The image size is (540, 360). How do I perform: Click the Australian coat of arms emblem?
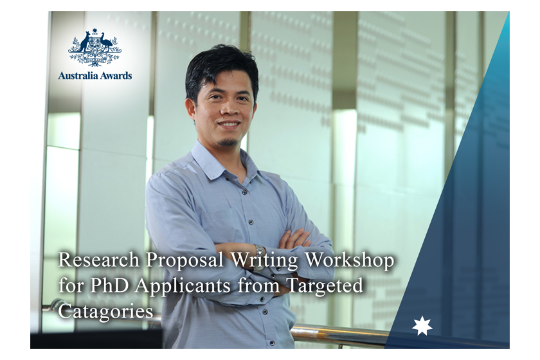(x=94, y=49)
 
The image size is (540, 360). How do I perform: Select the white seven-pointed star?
(x=422, y=326)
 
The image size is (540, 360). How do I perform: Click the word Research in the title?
(x=99, y=260)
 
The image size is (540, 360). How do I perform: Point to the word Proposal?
(x=184, y=261)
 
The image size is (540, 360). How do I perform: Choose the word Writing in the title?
(x=264, y=261)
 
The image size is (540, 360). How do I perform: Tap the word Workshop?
(x=350, y=261)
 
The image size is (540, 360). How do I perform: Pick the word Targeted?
(x=325, y=287)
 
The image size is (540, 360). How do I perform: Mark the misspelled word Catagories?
(x=105, y=312)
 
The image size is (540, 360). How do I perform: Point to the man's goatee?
(x=229, y=141)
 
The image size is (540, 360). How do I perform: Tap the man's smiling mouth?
(x=228, y=123)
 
